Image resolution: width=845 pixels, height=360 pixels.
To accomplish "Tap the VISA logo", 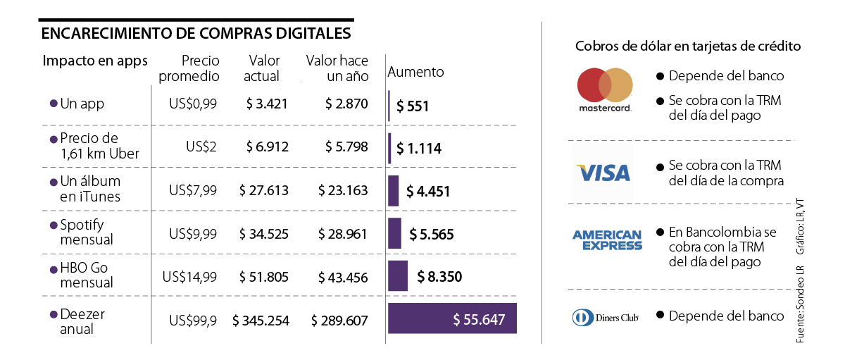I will (x=603, y=173).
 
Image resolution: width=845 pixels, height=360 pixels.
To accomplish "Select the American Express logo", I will (x=607, y=240).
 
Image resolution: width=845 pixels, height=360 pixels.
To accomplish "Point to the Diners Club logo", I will (x=605, y=317).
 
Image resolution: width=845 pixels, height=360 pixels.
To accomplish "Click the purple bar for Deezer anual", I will (x=452, y=320).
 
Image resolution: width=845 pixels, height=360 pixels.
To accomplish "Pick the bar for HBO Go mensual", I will (x=398, y=276).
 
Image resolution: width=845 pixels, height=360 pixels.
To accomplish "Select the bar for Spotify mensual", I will (x=394, y=233).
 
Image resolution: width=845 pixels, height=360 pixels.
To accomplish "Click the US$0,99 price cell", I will (x=193, y=104).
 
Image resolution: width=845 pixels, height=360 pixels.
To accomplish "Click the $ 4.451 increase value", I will (x=427, y=192).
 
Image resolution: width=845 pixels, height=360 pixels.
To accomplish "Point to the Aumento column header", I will (x=416, y=72).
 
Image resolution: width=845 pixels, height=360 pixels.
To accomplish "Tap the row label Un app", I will (x=82, y=104).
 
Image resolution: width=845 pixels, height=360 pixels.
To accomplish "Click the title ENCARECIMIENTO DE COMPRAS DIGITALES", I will (x=196, y=34).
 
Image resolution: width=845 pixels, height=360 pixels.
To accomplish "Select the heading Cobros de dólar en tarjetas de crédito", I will (x=687, y=47).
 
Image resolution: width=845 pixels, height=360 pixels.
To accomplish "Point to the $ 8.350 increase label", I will (x=439, y=277).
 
